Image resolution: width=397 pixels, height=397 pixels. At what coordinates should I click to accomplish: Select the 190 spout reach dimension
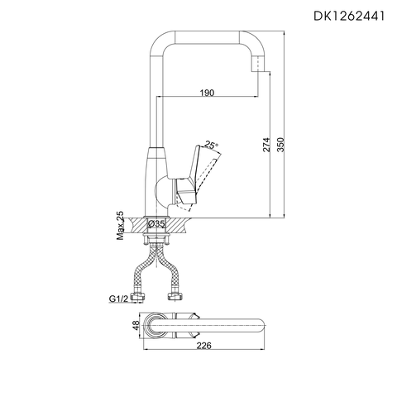point(207,93)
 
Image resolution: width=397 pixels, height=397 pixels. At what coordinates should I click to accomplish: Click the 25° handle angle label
point(213,146)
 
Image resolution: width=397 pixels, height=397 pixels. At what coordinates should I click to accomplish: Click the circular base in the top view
point(155,328)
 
